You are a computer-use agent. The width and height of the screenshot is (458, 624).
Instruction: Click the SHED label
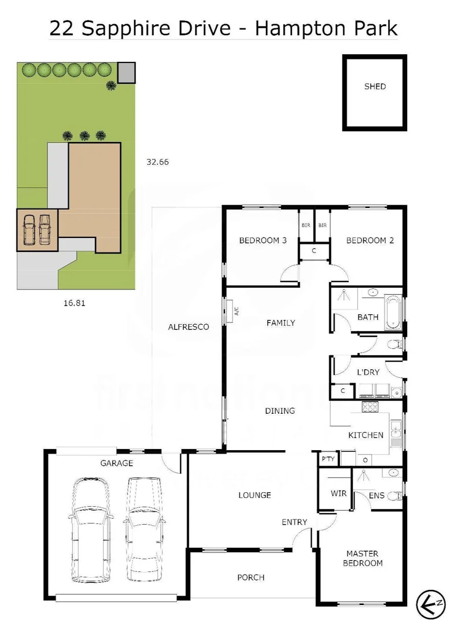pyautogui.click(x=375, y=87)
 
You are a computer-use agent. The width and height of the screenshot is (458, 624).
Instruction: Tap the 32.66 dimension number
pyautogui.click(x=157, y=162)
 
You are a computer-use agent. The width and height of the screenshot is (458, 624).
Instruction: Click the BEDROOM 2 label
pyautogui.click(x=370, y=240)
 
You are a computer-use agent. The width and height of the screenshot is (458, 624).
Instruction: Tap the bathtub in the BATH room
pyautogui.click(x=393, y=313)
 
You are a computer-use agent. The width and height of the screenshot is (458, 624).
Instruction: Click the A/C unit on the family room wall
pyautogui.click(x=230, y=310)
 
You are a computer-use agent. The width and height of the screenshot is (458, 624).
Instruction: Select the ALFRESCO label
pyautogui.click(x=188, y=326)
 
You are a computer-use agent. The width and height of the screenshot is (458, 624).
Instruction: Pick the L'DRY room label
pyautogui.click(x=368, y=372)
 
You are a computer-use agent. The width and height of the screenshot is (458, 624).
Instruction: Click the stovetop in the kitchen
pyautogui.click(x=370, y=407)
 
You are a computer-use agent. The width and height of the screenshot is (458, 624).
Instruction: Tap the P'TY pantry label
pyautogui.click(x=328, y=459)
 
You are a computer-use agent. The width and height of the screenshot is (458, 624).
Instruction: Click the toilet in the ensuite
pyautogui.click(x=395, y=496)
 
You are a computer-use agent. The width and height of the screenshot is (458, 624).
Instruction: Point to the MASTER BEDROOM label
pyautogui.click(x=363, y=558)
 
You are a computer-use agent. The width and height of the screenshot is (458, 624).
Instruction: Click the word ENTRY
pyautogui.click(x=294, y=522)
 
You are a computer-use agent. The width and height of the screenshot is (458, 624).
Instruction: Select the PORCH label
pyautogui.click(x=251, y=577)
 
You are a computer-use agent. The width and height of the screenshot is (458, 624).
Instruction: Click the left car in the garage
pyautogui.click(x=90, y=529)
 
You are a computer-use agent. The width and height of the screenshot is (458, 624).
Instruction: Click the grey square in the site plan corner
pyautogui.click(x=127, y=73)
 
